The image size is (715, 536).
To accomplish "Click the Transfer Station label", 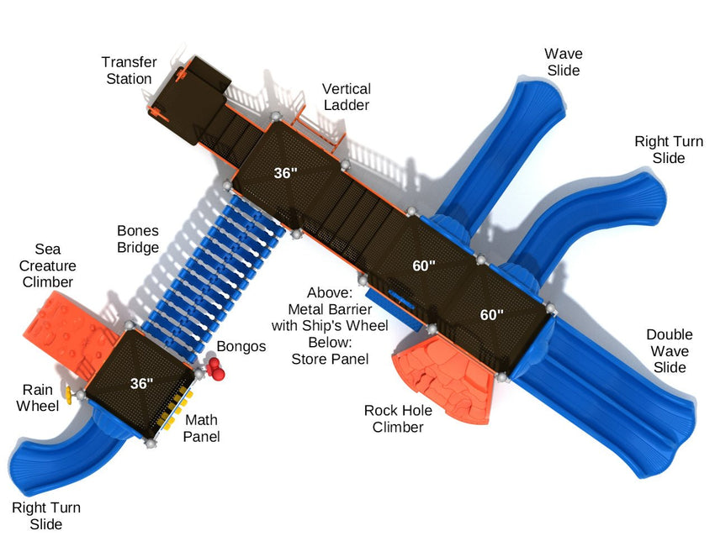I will click(x=127, y=71).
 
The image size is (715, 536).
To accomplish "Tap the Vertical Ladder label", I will click(x=346, y=97).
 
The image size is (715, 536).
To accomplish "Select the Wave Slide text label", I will click(x=564, y=62).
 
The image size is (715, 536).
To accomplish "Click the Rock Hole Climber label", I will click(x=399, y=418).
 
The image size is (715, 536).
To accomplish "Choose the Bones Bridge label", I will click(x=138, y=239).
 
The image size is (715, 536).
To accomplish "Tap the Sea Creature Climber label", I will click(x=48, y=265).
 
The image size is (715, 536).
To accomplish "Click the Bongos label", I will click(x=241, y=346).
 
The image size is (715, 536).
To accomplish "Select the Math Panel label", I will click(x=202, y=428).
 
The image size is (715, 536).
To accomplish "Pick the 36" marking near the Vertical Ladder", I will click(x=286, y=173).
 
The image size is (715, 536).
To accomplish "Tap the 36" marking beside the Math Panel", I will click(x=142, y=384).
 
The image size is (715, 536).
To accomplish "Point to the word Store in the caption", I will click(x=309, y=359).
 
